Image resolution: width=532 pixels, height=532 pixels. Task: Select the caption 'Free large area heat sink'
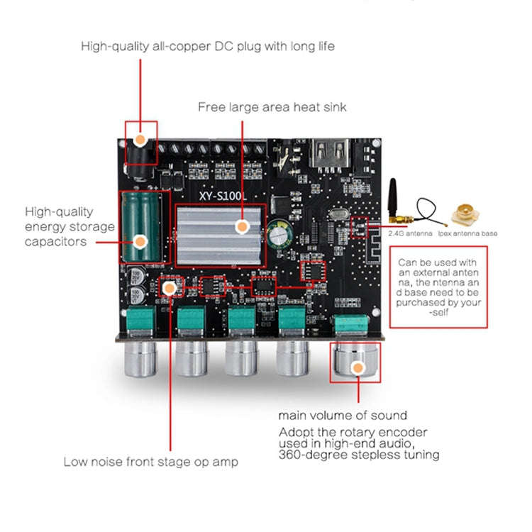272,107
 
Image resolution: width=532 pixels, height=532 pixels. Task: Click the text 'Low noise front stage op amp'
150,462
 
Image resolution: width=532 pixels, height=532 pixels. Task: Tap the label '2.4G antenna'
411,233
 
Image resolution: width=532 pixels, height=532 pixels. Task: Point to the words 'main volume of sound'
342,415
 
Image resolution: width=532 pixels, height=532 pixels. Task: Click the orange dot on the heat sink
242,227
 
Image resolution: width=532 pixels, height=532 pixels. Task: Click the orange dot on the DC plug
140,139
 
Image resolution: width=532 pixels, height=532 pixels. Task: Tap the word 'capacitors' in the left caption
56,241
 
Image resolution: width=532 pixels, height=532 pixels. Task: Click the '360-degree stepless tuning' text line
359,454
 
